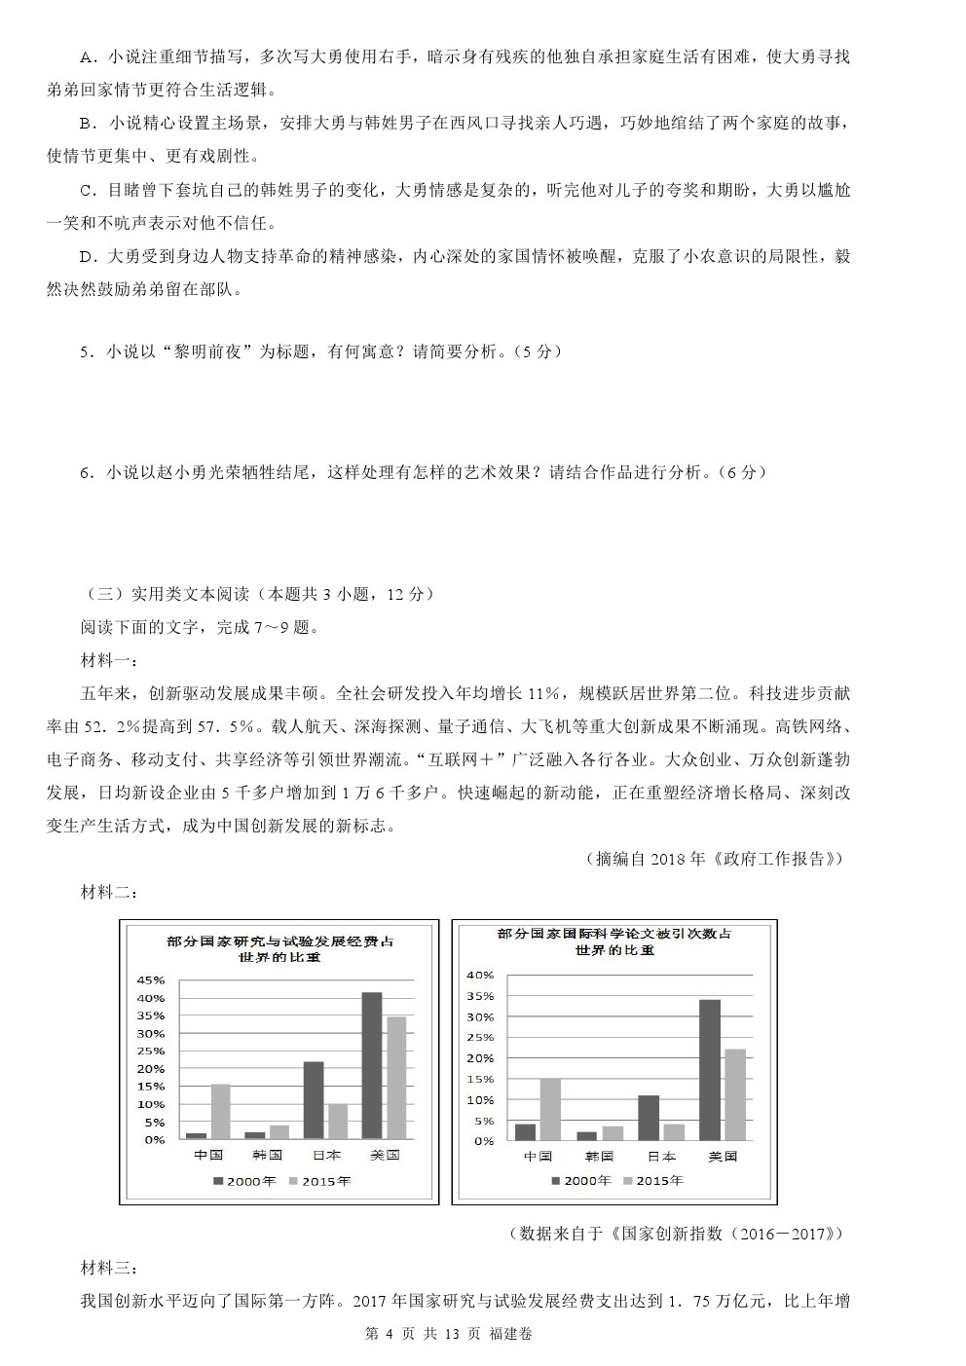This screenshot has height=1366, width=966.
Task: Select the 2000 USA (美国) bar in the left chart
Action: click(371, 1065)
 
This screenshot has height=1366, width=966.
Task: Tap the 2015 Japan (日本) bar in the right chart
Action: click(674, 1131)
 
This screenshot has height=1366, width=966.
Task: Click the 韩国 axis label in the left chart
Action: click(267, 1155)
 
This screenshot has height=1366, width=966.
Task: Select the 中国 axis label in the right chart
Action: click(538, 1157)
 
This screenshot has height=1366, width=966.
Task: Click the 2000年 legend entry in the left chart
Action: click(244, 1181)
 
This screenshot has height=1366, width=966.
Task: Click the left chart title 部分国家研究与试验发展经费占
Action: click(279, 941)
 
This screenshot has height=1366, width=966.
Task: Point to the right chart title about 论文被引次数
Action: click(613, 934)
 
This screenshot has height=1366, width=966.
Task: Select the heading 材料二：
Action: click(109, 893)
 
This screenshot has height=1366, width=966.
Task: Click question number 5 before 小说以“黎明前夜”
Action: click(86, 352)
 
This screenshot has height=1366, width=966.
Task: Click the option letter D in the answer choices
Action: click(86, 257)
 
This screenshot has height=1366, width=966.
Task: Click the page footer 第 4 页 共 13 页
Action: click(422, 1334)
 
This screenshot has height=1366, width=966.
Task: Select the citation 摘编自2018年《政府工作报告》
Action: click(714, 859)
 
